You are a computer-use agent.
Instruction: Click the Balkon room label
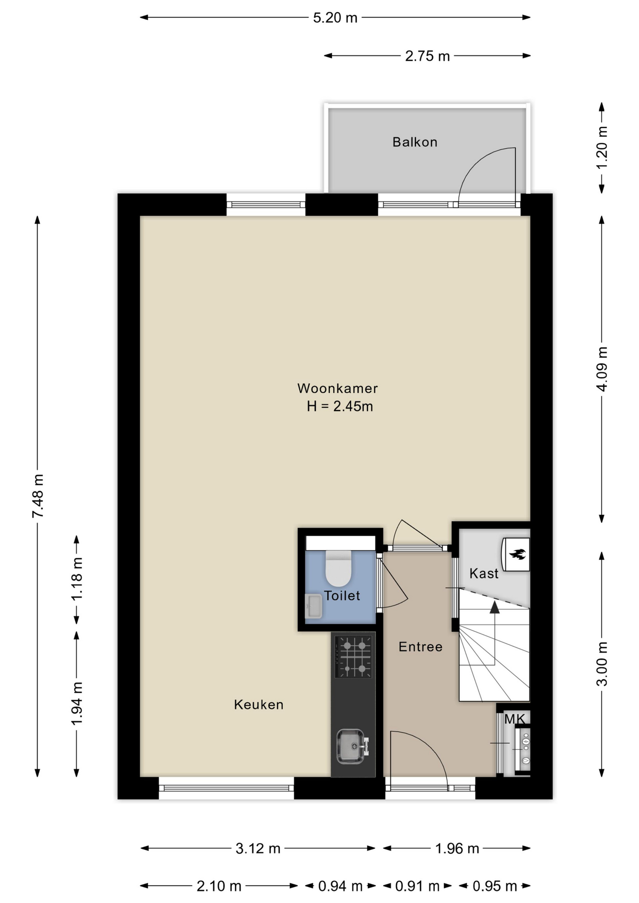coord(415,142)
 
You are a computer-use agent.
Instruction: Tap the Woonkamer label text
coord(337,388)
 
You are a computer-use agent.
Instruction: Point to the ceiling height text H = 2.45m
coord(340,406)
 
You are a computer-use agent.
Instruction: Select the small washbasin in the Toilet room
coord(313,606)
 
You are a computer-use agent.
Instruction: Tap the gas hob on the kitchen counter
coord(353,657)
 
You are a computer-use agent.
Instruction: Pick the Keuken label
coord(259,705)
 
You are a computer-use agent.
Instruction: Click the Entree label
coord(421,647)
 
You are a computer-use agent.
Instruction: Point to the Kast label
coord(484,573)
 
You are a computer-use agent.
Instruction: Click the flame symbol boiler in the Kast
coord(516,554)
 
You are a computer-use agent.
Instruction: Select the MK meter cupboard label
coord(515,719)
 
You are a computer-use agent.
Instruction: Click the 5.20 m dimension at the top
coord(335,18)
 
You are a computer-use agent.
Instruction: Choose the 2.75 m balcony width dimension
coord(427,56)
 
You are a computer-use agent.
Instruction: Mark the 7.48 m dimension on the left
coord(38,496)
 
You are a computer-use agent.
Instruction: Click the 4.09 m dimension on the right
coord(602,369)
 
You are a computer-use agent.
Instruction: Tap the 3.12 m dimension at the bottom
coord(258,848)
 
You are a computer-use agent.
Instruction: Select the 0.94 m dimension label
coord(340,886)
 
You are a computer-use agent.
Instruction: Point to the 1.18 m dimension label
coord(77,578)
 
